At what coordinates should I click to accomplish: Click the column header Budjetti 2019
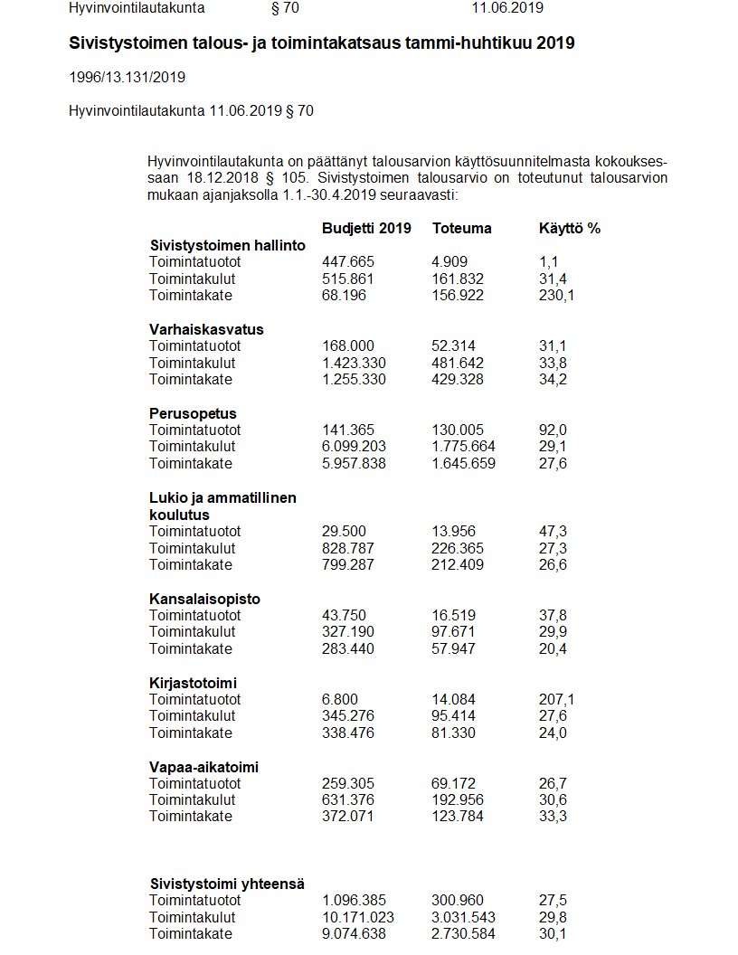tap(366, 228)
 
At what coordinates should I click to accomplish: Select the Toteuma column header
tap(462, 228)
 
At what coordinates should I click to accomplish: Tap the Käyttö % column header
tap(569, 228)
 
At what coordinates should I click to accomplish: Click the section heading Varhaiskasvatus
tap(206, 329)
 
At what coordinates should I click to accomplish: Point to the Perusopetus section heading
tap(193, 413)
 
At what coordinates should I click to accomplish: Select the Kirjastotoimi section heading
tap(193, 682)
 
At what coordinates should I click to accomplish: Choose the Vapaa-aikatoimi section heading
tap(203, 767)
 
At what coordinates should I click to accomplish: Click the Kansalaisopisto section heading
tap(204, 599)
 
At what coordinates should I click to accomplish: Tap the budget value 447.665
tap(348, 262)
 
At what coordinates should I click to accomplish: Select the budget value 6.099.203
tap(354, 447)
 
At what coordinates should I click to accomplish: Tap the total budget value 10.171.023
tap(358, 917)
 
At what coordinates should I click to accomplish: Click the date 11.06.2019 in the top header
tap(507, 8)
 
